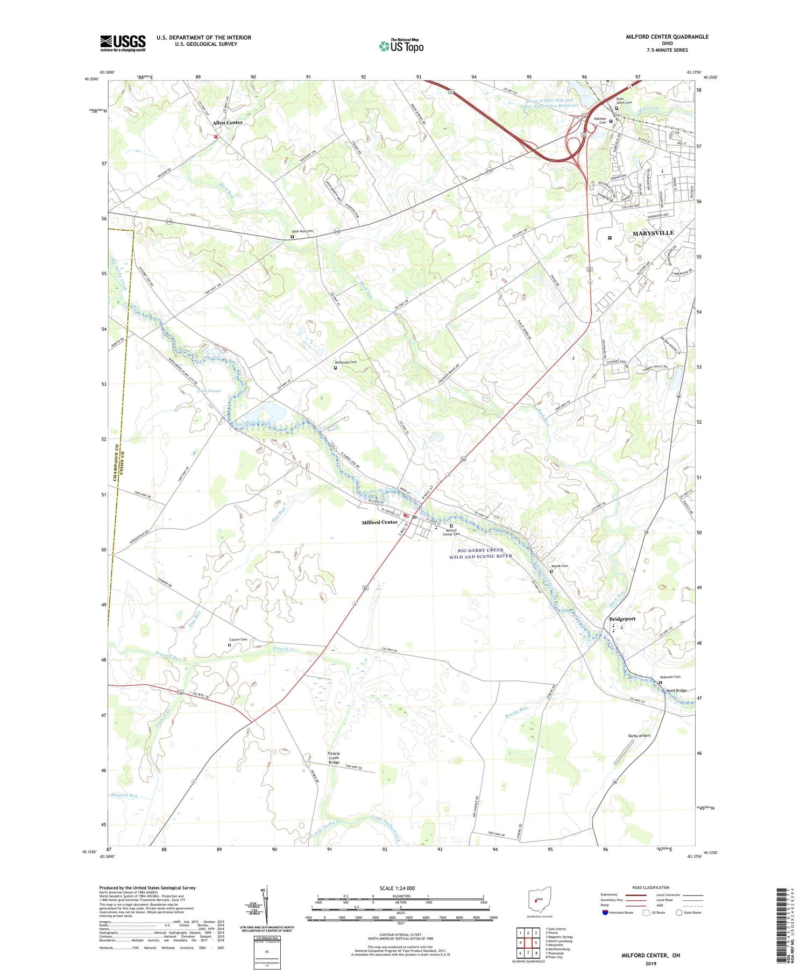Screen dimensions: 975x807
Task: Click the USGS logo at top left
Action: point(123,43)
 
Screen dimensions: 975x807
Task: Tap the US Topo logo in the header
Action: point(401,46)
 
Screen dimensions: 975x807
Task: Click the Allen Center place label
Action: point(228,123)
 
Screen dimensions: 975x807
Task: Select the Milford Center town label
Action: point(379,522)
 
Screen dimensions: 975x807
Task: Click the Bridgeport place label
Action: point(622,619)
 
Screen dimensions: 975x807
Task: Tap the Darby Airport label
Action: point(639,736)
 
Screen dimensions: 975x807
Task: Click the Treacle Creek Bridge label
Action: point(334,758)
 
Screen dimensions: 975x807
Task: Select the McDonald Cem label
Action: point(345,362)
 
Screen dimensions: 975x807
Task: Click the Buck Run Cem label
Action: point(302,231)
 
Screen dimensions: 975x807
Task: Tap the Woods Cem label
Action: point(559,566)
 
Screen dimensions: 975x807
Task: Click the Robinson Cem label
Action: point(670,677)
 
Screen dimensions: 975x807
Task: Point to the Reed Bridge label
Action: point(676,691)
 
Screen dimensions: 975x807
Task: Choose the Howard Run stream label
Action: point(124,795)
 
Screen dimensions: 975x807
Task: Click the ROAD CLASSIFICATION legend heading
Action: point(651,887)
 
